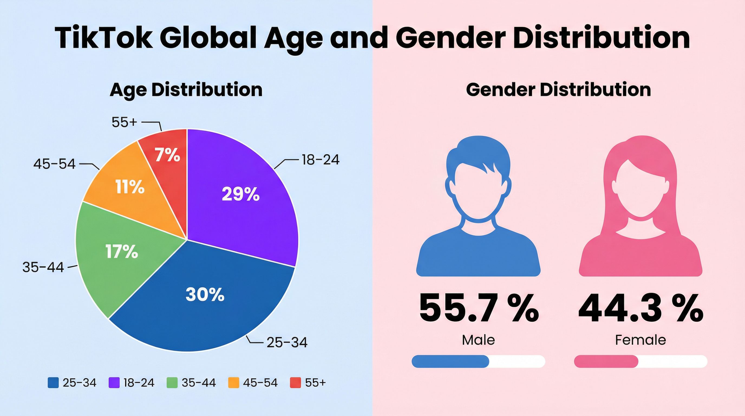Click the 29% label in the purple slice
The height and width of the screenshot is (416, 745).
click(240, 194)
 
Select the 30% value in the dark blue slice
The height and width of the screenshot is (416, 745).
click(205, 294)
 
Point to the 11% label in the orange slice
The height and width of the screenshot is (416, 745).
click(130, 187)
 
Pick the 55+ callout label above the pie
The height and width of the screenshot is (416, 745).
click(124, 122)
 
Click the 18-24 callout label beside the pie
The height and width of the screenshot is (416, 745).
click(321, 160)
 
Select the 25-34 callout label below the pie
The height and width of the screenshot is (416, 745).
click(287, 343)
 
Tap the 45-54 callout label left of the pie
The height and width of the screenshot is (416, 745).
click(54, 164)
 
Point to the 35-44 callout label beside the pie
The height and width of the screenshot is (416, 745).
click(43, 267)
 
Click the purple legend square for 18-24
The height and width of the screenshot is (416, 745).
click(114, 383)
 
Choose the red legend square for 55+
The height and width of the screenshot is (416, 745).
click(295, 383)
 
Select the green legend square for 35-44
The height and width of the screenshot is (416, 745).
click(172, 383)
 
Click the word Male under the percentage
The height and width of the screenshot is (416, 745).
click(478, 340)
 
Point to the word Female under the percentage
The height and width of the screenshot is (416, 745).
click(640, 340)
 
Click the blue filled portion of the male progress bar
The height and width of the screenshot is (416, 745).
click(450, 361)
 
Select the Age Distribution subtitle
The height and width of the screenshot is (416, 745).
click(186, 90)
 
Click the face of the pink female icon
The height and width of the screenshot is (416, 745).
click(640, 191)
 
